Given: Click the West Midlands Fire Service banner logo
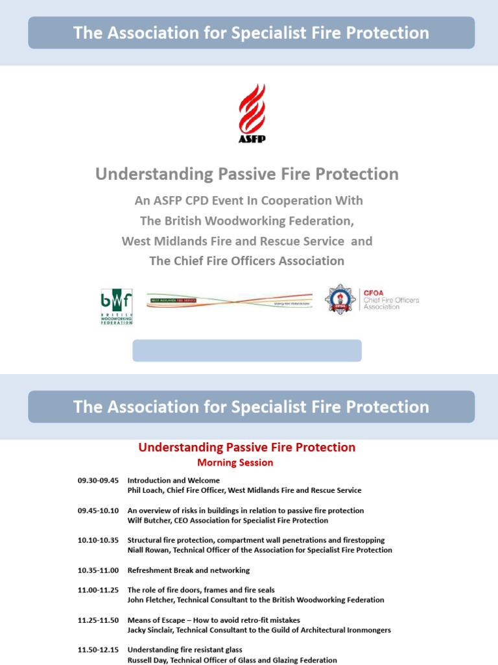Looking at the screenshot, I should pyautogui.click(x=229, y=301).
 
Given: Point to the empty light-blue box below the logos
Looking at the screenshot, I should pyautogui.click(x=247, y=351).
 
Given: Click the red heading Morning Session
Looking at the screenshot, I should pyautogui.click(x=235, y=463).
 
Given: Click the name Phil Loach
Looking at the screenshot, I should pyautogui.click(x=146, y=490).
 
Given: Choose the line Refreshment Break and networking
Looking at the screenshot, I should pyautogui.click(x=188, y=570).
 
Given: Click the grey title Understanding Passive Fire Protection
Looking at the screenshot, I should pyautogui.click(x=247, y=174).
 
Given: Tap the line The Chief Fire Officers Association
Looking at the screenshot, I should pyautogui.click(x=247, y=261).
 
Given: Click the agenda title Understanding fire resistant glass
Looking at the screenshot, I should pyautogui.click(x=185, y=649).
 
